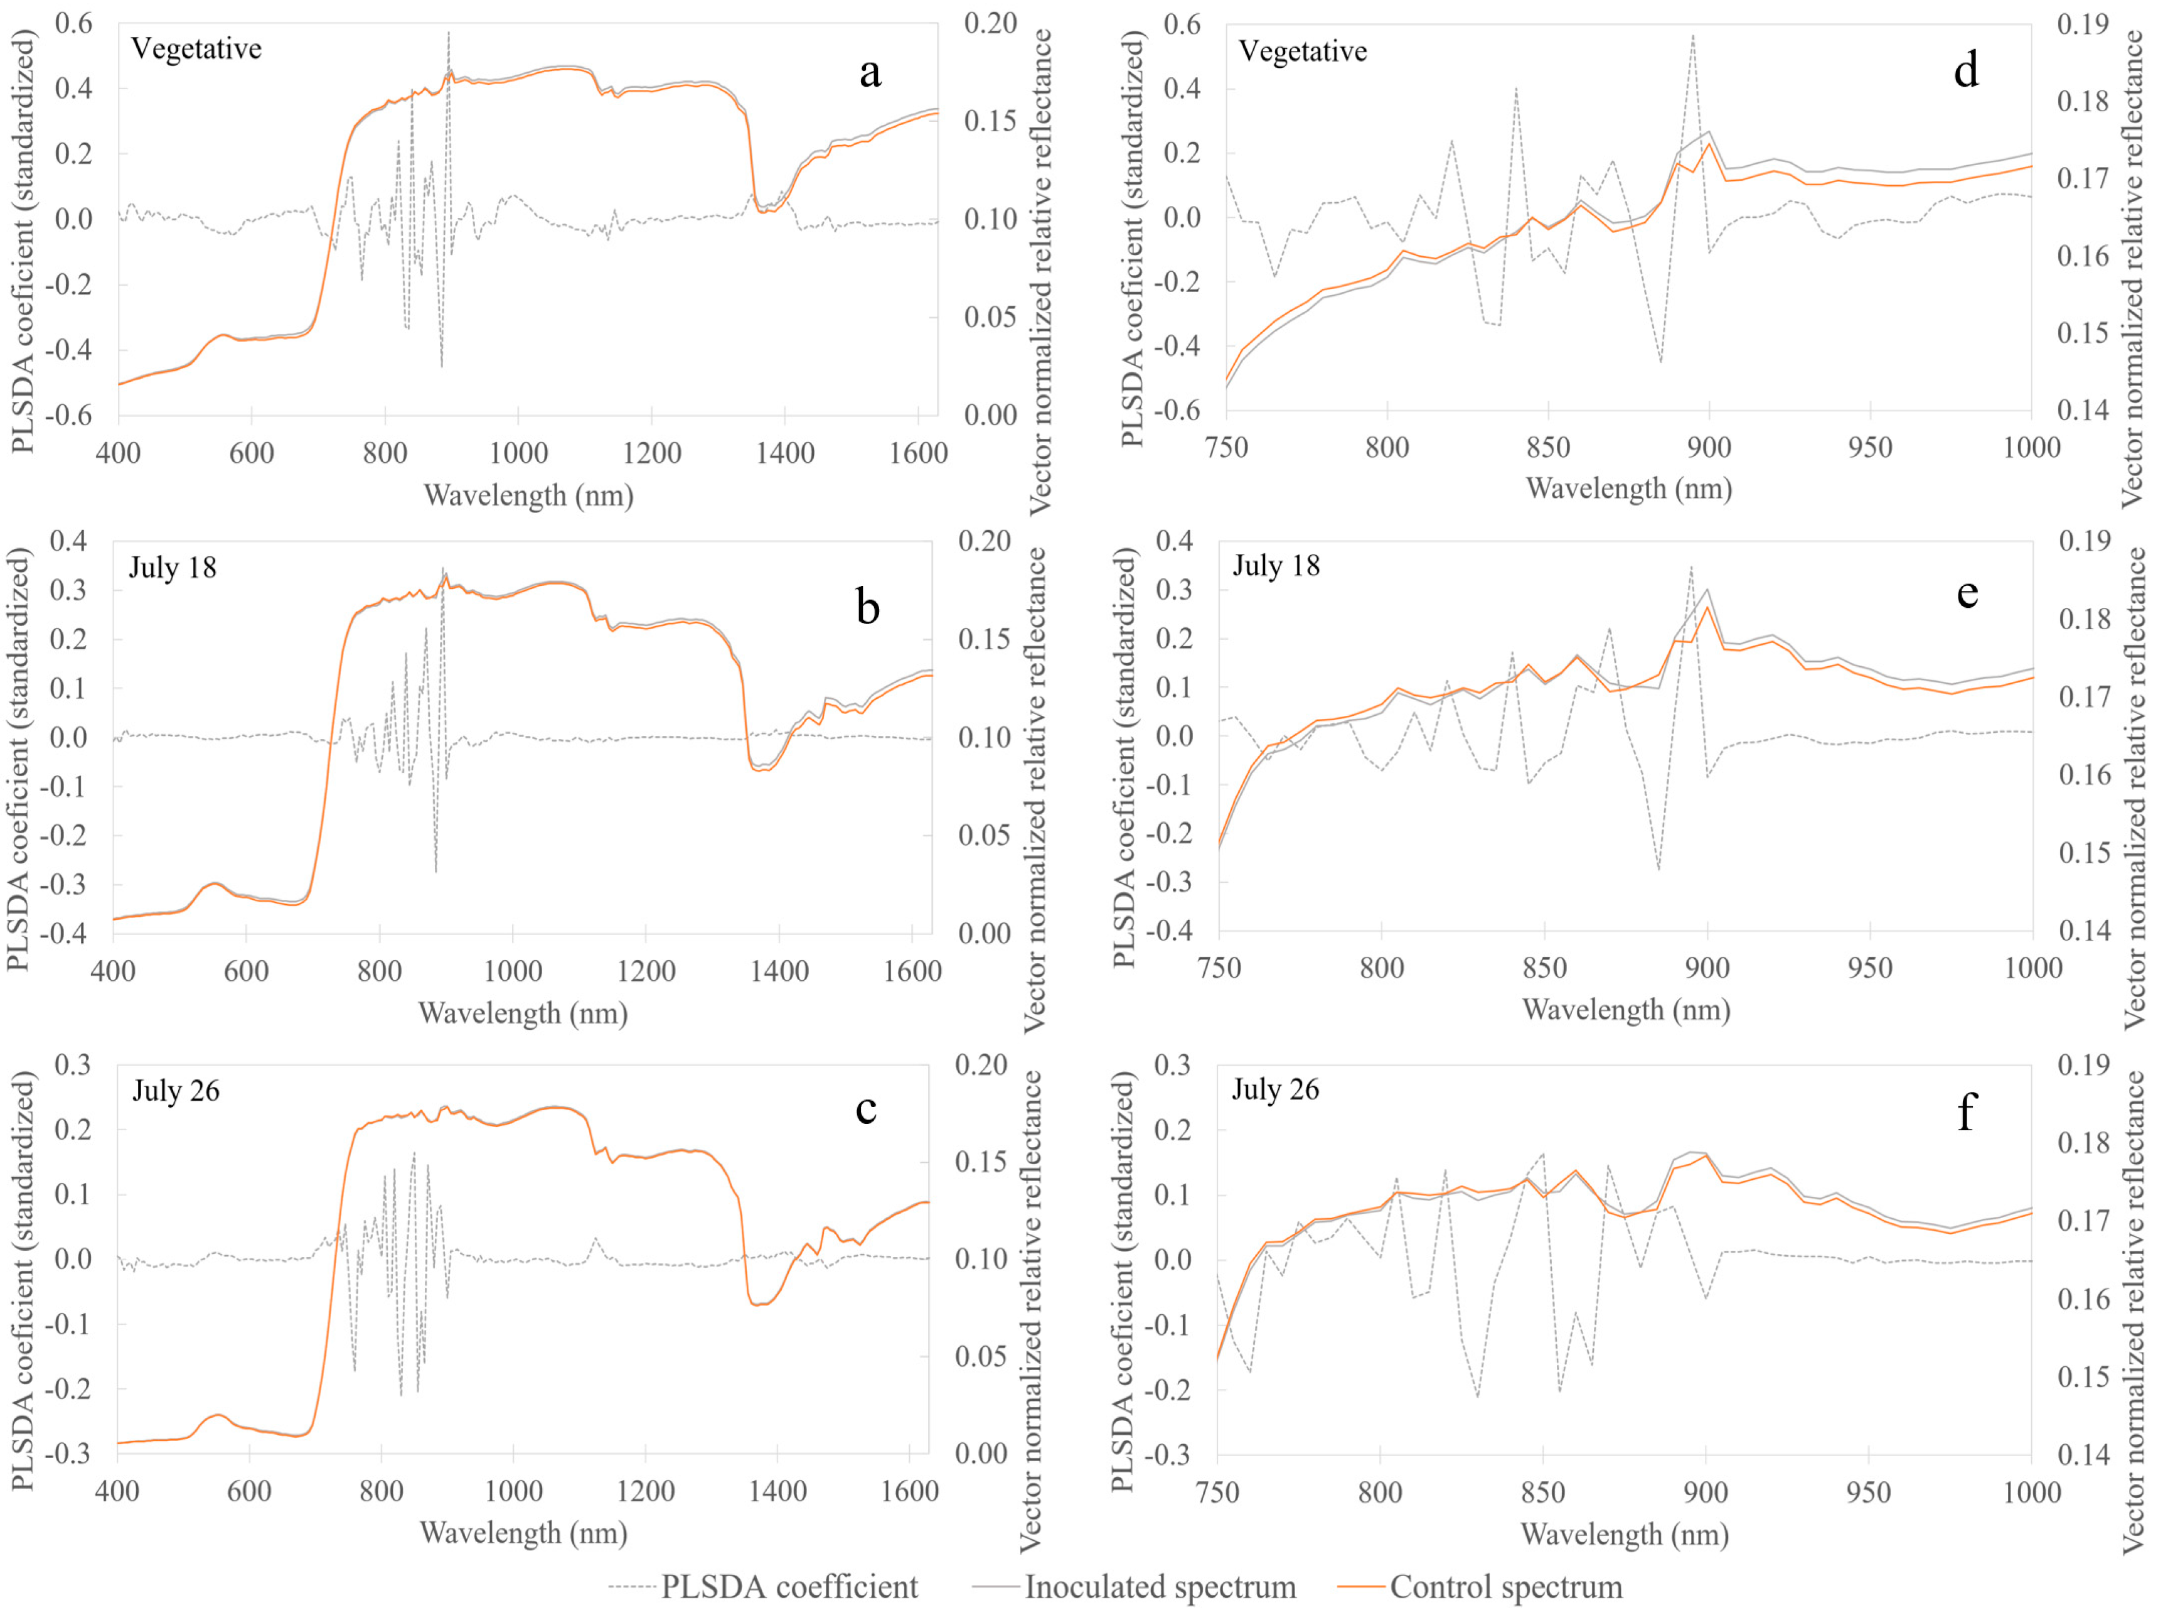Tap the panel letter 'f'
(1965, 1112)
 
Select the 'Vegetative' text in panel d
(1303, 52)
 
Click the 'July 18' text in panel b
(172, 568)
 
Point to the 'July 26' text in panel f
(1275, 1090)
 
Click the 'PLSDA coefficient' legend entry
(788, 1587)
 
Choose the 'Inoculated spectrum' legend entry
(1160, 1587)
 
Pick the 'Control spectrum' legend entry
(1506, 1587)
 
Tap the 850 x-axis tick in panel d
(1548, 448)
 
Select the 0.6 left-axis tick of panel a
(73, 23)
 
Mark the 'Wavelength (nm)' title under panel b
(523, 1012)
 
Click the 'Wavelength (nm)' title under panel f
(1624, 1534)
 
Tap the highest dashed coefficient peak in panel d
(1692, 36)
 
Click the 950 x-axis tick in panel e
(1870, 968)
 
